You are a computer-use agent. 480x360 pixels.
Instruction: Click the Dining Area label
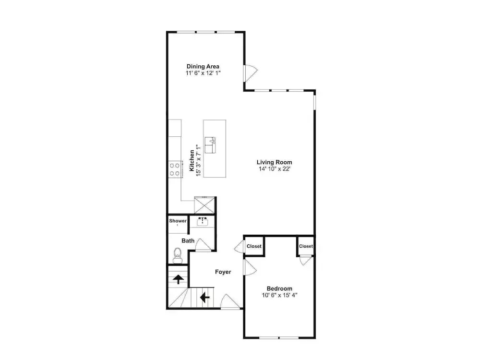click(x=203, y=66)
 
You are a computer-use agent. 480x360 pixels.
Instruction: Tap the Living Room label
click(x=274, y=162)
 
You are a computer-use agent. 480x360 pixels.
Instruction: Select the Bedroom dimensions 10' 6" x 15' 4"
click(x=280, y=295)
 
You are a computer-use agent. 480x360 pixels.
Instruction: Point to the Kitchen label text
click(x=192, y=160)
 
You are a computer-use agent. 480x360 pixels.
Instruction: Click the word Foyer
click(x=223, y=272)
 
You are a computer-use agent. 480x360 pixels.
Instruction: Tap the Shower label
click(x=178, y=221)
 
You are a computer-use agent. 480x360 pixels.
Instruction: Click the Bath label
click(x=188, y=240)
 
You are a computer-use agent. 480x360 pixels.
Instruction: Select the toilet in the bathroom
click(x=177, y=256)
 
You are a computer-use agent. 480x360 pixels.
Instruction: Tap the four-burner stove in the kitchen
click(x=175, y=169)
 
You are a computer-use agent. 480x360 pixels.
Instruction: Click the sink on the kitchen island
click(x=210, y=145)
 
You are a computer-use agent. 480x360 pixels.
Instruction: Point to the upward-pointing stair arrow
click(x=178, y=279)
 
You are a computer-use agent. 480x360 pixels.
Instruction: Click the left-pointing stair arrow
click(x=204, y=297)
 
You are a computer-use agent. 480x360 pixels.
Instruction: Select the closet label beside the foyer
click(x=254, y=246)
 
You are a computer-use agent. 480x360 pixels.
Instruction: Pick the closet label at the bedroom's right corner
click(x=306, y=246)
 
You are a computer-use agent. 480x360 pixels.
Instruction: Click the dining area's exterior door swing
click(x=251, y=73)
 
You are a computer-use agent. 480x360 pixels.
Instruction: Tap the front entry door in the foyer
click(x=230, y=301)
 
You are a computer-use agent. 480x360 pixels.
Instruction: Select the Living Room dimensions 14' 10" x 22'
click(x=274, y=169)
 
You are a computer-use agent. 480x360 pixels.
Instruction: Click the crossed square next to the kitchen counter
click(x=204, y=205)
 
